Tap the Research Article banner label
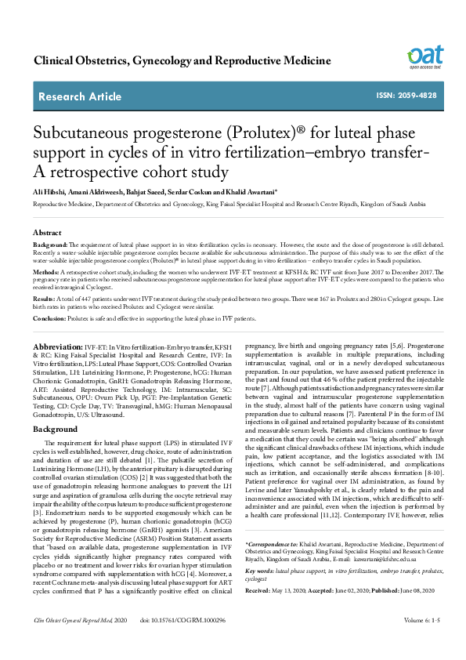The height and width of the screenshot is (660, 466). pos(80,96)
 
